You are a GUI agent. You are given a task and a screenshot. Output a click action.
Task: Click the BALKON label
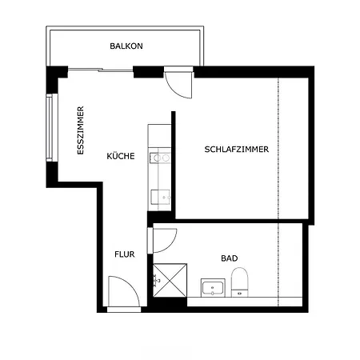126,46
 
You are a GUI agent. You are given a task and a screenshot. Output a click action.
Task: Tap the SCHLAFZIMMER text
237,149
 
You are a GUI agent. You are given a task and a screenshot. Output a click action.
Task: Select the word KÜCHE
121,156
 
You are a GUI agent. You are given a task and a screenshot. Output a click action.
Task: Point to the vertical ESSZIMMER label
80,130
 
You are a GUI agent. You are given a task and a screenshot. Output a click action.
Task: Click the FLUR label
125,254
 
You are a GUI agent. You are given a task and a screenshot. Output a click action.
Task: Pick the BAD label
230,258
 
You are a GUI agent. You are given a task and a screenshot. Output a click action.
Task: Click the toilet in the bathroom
239,282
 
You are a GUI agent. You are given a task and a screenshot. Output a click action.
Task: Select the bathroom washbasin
213,288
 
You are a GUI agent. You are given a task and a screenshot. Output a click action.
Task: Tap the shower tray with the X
170,280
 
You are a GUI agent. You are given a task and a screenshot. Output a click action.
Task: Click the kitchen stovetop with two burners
160,158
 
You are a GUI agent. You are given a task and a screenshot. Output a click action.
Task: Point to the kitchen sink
161,197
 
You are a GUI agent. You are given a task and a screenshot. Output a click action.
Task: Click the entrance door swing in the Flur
124,291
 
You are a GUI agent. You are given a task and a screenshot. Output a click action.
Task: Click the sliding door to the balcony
100,70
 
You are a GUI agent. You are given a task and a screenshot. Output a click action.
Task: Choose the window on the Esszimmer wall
50,127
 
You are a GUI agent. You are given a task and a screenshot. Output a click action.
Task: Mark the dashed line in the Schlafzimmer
278,148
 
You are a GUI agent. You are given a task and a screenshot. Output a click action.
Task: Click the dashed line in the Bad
278,265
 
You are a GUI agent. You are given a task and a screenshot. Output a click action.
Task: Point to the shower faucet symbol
156,280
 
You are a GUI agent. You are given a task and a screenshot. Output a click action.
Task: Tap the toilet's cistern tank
239,293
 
